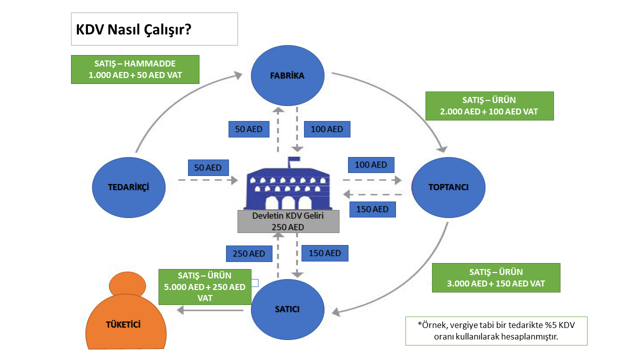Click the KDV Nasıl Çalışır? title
click(133, 29)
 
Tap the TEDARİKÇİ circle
click(128, 187)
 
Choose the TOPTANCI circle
click(448, 187)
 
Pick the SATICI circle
click(287, 309)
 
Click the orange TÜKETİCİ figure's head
click(127, 285)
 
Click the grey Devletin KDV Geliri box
click(288, 221)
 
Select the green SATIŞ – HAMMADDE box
click(135, 69)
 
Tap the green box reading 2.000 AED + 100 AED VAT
click(489, 105)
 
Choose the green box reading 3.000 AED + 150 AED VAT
click(495, 277)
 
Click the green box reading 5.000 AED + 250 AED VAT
click(204, 286)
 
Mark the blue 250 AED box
click(248, 253)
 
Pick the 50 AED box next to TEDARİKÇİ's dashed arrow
click(208, 167)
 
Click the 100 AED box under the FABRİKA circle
click(327, 129)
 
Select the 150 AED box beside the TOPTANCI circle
click(372, 209)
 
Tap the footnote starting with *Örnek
click(496, 330)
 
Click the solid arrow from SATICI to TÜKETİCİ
click(210, 310)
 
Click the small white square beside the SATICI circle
click(254, 283)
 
